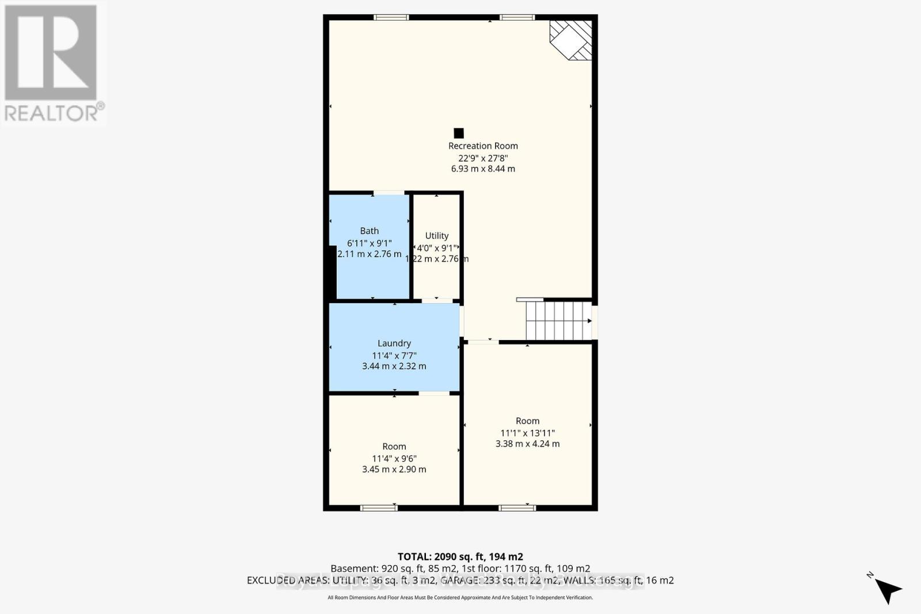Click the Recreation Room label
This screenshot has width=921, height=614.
pyautogui.click(x=483, y=146)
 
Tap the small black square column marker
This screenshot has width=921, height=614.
pyautogui.click(x=459, y=133)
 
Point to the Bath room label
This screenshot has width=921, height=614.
pyautogui.click(x=369, y=231)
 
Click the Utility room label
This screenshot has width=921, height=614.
pyautogui.click(x=436, y=235)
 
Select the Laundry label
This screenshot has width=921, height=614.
pyautogui.click(x=394, y=343)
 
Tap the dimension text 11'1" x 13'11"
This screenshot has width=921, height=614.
pyautogui.click(x=527, y=433)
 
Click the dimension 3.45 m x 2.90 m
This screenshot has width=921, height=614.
pyautogui.click(x=394, y=469)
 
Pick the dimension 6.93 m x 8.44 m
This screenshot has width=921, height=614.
pyautogui.click(x=483, y=169)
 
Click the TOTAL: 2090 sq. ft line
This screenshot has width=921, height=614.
pyautogui.click(x=460, y=556)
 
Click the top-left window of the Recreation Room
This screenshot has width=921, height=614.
pyautogui.click(x=391, y=17)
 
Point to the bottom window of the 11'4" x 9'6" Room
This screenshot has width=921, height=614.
pyautogui.click(x=379, y=508)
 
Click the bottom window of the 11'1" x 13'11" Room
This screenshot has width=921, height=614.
pyautogui.click(x=517, y=508)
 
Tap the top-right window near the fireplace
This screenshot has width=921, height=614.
pyautogui.click(x=517, y=17)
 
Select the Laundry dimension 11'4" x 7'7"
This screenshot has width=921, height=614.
pyautogui.click(x=394, y=355)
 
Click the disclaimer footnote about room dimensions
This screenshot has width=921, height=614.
pyautogui.click(x=460, y=598)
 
